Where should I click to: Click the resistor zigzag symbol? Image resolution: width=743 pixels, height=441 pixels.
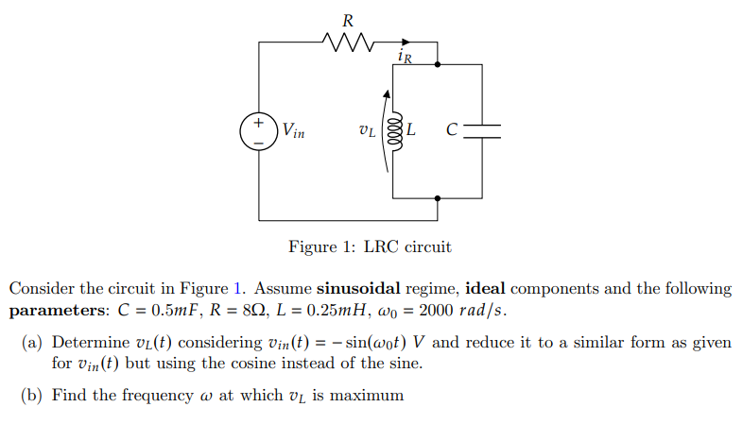point(350,42)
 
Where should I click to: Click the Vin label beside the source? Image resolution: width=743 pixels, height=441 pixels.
point(293,131)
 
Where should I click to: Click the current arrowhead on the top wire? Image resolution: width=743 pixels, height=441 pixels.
point(406,42)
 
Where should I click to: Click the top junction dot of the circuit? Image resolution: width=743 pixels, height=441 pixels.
point(437,64)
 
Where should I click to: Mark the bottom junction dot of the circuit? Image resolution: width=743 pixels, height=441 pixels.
point(437,198)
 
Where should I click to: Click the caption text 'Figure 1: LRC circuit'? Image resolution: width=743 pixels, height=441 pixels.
point(370,247)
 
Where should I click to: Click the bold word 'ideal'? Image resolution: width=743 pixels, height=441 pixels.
point(488,289)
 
